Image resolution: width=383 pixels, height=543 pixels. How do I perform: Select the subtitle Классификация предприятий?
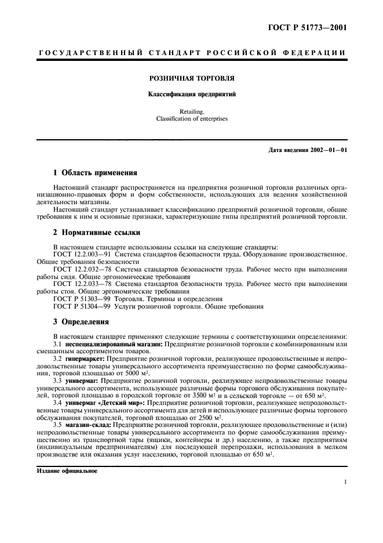(x=192, y=93)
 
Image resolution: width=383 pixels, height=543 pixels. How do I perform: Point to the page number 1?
(x=345, y=482)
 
